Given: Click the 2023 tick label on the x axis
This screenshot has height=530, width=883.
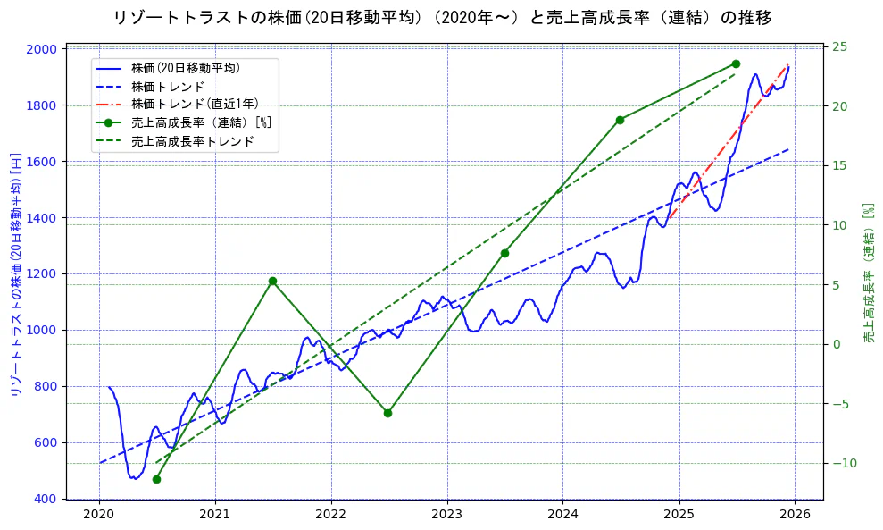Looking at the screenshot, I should pos(446,514).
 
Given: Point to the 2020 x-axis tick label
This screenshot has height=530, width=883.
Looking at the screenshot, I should pos(99,514).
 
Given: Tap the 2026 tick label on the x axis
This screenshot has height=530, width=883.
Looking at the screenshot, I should pos(795,514).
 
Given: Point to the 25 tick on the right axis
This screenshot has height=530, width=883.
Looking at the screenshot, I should pos(841,46).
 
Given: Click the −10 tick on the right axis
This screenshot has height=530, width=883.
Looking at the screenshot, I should pos(845,463).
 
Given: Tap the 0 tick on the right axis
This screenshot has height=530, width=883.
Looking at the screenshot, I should pos(837,344).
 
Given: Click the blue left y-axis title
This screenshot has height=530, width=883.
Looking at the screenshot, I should pos(15,274).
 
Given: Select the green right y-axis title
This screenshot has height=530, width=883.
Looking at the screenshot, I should pos(868,273).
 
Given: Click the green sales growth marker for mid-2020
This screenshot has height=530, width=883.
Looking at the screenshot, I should pos(156,479).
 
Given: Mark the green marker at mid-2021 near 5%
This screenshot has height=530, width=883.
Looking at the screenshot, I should pos(272,281).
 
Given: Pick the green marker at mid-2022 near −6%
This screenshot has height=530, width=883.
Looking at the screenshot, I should pos(387,413).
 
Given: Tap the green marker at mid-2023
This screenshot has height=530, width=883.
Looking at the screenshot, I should pos(504,253).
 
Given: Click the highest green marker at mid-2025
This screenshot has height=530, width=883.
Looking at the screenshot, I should pos(736,63).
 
